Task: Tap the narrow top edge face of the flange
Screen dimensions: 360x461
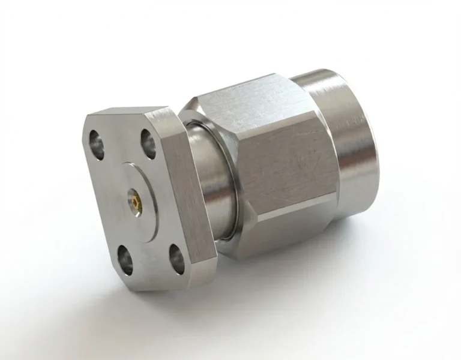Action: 129,113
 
